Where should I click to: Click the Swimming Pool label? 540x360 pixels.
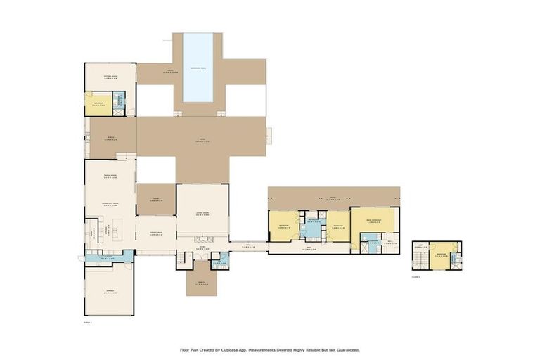198,68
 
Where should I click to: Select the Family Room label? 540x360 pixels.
110,176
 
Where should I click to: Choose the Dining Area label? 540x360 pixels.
155,231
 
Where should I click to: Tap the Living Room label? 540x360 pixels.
202,210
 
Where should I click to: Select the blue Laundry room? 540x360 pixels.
107,257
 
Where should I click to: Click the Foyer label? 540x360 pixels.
202,247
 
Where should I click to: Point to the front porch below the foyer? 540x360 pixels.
202,282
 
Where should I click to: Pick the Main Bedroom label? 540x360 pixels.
373,219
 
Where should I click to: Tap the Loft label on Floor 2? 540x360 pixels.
420,246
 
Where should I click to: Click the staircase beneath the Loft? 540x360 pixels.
420,261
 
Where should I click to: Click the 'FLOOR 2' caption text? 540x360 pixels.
416,276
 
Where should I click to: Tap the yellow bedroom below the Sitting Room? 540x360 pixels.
98,104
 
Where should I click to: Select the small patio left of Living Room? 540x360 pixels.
155,199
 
